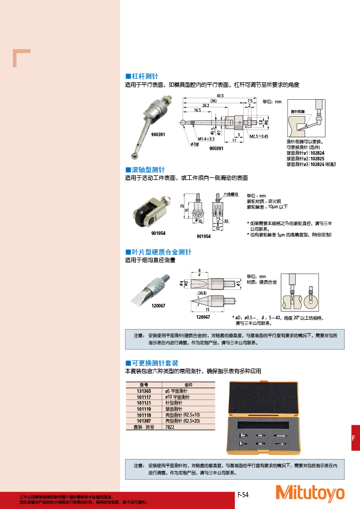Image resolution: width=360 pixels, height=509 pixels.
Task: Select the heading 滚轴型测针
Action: (x=149, y=169)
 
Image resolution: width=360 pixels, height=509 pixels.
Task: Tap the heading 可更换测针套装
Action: (x=155, y=363)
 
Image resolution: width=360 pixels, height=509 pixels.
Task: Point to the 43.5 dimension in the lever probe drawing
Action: (x=220, y=96)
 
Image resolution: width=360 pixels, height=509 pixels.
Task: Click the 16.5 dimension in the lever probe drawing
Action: (x=197, y=110)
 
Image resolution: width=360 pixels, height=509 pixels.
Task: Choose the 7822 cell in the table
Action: (x=170, y=427)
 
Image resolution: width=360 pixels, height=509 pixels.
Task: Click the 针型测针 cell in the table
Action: (x=173, y=403)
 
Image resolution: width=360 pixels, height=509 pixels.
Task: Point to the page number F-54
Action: (x=243, y=495)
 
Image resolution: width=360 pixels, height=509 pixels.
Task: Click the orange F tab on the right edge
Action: (x=353, y=438)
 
